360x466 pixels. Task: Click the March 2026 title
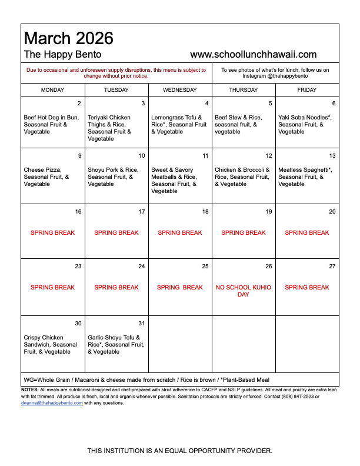68,39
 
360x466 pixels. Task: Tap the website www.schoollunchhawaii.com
254,55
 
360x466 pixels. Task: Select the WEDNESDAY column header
180,90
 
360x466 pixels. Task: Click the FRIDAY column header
306,90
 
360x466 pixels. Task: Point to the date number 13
332,156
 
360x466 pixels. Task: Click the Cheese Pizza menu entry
46,177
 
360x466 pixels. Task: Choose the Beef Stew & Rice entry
238,124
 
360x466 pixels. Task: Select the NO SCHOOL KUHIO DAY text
244,291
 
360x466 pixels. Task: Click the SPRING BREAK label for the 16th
53,233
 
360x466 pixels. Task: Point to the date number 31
141,324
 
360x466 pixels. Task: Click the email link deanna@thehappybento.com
52,403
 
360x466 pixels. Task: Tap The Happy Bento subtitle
62,55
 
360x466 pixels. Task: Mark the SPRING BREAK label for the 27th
307,288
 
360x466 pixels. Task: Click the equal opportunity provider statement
180,451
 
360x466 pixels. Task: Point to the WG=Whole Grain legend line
146,380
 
